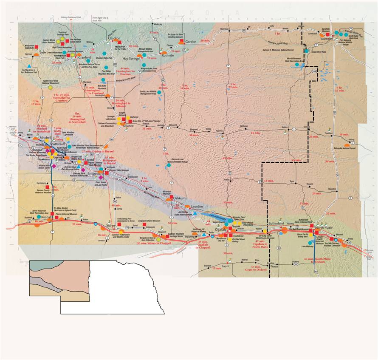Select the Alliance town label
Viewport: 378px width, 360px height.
pos(128,126)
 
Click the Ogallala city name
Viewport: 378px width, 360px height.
pos(221,229)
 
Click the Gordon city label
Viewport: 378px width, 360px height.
pos(191,42)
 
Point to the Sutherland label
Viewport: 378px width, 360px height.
pos(278,223)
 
